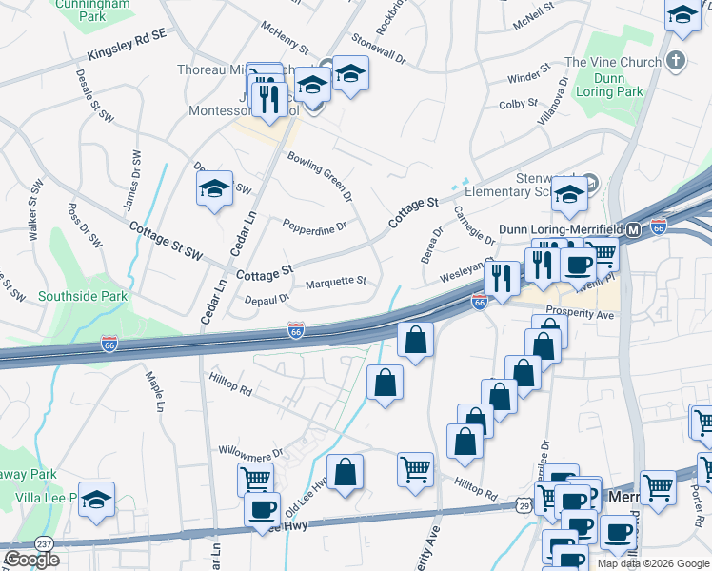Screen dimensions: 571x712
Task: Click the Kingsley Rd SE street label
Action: point(126,45)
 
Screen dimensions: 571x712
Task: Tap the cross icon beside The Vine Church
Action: point(676,62)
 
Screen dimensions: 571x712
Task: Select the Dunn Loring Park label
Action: point(617,86)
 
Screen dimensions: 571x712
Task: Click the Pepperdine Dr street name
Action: point(314,225)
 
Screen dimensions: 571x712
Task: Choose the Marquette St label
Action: point(335,282)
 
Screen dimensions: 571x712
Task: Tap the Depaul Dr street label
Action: point(266,298)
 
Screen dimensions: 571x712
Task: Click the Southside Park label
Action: point(83,296)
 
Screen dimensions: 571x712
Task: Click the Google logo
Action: point(31,560)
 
